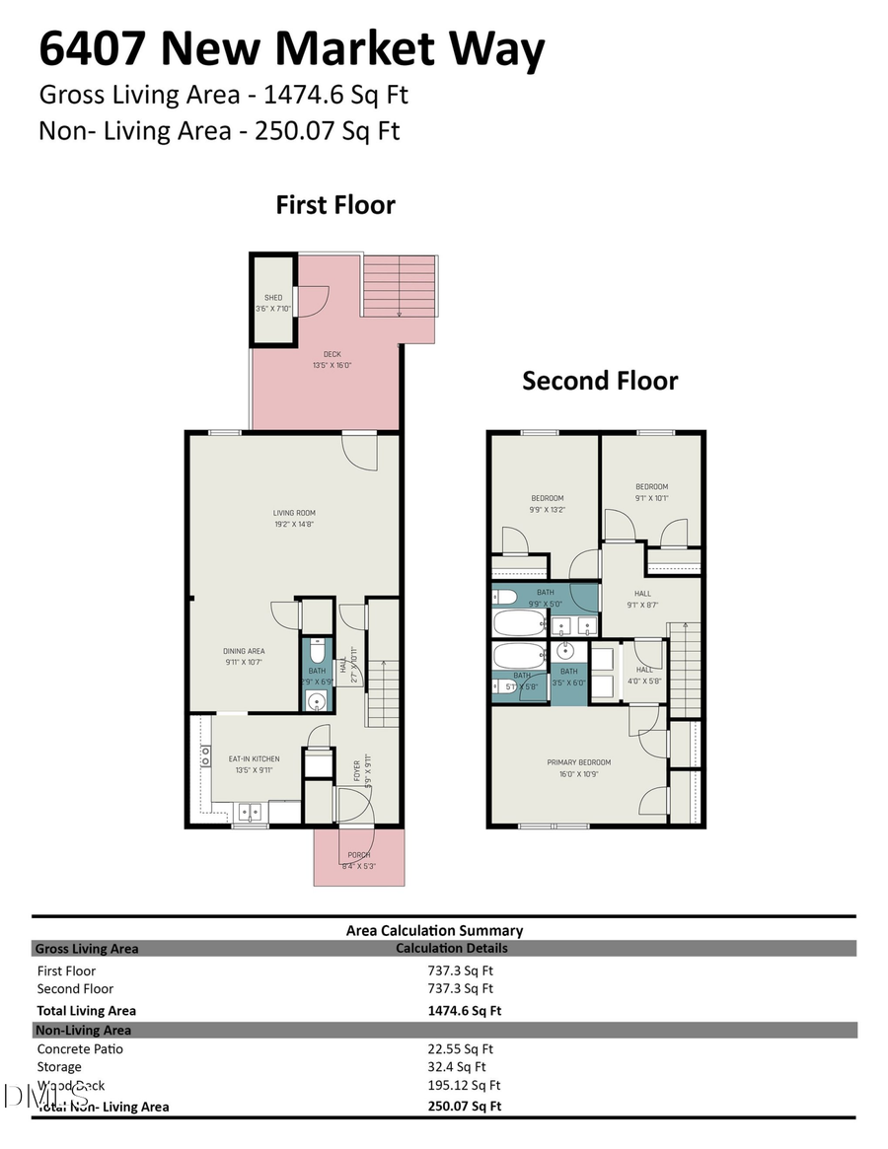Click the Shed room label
pos(273,303)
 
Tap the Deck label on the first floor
pos(332,359)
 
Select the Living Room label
pos(294,518)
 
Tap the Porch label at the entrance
pos(358,860)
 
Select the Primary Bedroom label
pos(579,767)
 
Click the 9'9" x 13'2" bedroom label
pos(548,503)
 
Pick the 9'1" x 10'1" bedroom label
pos(651,491)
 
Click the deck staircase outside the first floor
pos(400,286)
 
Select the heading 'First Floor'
pos(335,205)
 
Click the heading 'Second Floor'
pos(600,381)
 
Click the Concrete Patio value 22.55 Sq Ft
pos(460,1049)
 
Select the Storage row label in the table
pos(60,1066)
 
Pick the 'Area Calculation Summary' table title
pos(434,930)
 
